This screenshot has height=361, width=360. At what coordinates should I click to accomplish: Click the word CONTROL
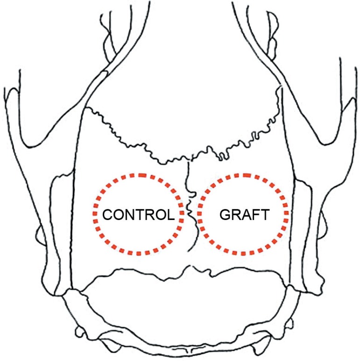click(138, 215)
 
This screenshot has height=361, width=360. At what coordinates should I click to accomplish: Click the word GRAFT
click(244, 215)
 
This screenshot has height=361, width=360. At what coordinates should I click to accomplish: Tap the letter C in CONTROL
click(107, 215)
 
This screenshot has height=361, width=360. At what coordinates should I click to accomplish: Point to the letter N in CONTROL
click(128, 215)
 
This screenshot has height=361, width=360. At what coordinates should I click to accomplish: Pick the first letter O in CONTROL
click(117, 215)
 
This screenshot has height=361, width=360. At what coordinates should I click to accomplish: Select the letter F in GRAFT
click(255, 215)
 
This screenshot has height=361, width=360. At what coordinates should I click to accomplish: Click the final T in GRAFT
click(264, 215)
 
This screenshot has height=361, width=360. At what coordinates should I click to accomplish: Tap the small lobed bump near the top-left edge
click(107, 44)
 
